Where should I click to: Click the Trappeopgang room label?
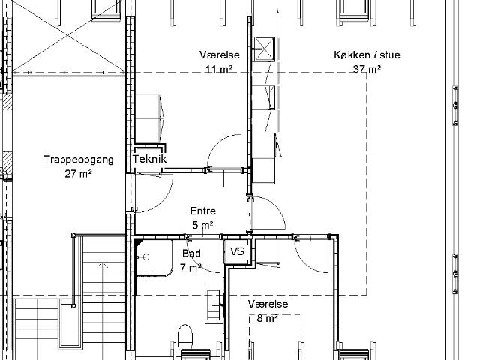pos(79,160)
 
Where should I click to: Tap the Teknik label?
pos(149,159)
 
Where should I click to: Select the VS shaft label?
pos(237,252)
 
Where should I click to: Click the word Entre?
pos(203,211)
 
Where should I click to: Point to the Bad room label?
pos(192,253)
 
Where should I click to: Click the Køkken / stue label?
pos(367,55)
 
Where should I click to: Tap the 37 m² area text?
pos(367,69)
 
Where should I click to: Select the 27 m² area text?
pos(78,174)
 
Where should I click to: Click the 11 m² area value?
pos(219,69)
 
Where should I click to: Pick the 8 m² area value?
pos(268,318)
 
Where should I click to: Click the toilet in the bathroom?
pos(185,337)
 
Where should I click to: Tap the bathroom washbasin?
pos(214,305)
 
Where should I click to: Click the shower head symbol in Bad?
pos(146,256)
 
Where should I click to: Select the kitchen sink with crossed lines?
pos(265,49)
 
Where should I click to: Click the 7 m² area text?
pos(190,268)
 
